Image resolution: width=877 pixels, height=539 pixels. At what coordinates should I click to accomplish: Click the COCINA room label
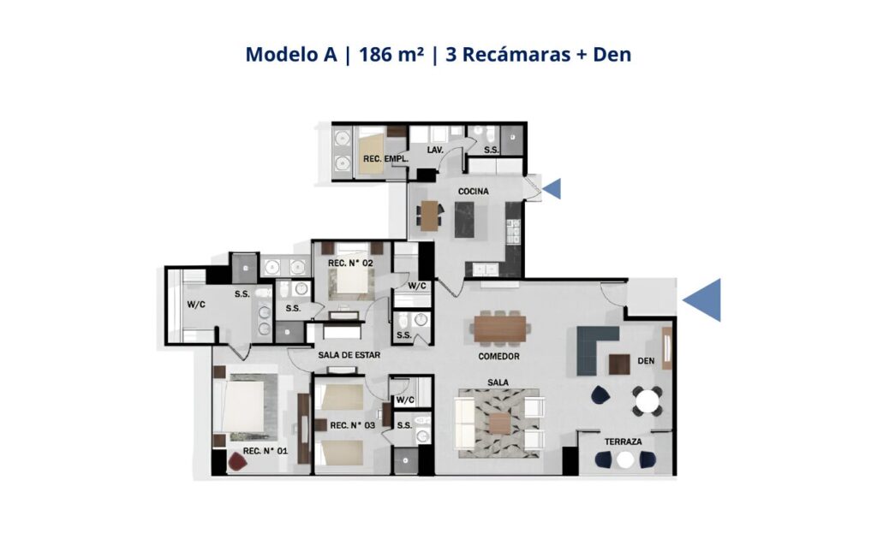click(473, 191)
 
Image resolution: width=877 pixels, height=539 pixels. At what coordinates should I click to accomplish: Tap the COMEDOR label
click(499, 357)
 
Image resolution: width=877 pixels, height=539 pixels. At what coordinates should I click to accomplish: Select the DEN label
click(646, 361)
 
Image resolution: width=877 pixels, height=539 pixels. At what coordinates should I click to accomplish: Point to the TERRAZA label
click(623, 441)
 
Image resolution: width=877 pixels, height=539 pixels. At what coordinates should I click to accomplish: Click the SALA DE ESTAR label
click(349, 355)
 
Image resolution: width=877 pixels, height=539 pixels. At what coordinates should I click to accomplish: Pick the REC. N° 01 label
click(265, 451)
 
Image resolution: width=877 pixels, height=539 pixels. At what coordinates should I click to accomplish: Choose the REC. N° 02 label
click(350, 263)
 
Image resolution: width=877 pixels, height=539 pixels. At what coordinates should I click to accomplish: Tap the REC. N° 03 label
click(352, 425)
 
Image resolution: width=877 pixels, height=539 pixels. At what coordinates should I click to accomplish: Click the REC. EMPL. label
click(386, 158)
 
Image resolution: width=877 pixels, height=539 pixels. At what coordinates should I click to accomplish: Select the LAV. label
click(435, 151)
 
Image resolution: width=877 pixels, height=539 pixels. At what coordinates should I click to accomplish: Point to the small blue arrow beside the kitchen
click(552, 189)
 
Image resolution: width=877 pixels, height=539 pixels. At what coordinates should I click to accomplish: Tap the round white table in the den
click(647, 400)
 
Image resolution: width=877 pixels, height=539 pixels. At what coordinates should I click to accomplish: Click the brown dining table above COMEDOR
click(500, 329)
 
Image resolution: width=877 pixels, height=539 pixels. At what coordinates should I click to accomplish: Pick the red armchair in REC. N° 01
click(237, 461)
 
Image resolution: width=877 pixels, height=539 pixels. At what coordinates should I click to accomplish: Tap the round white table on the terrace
click(625, 459)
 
